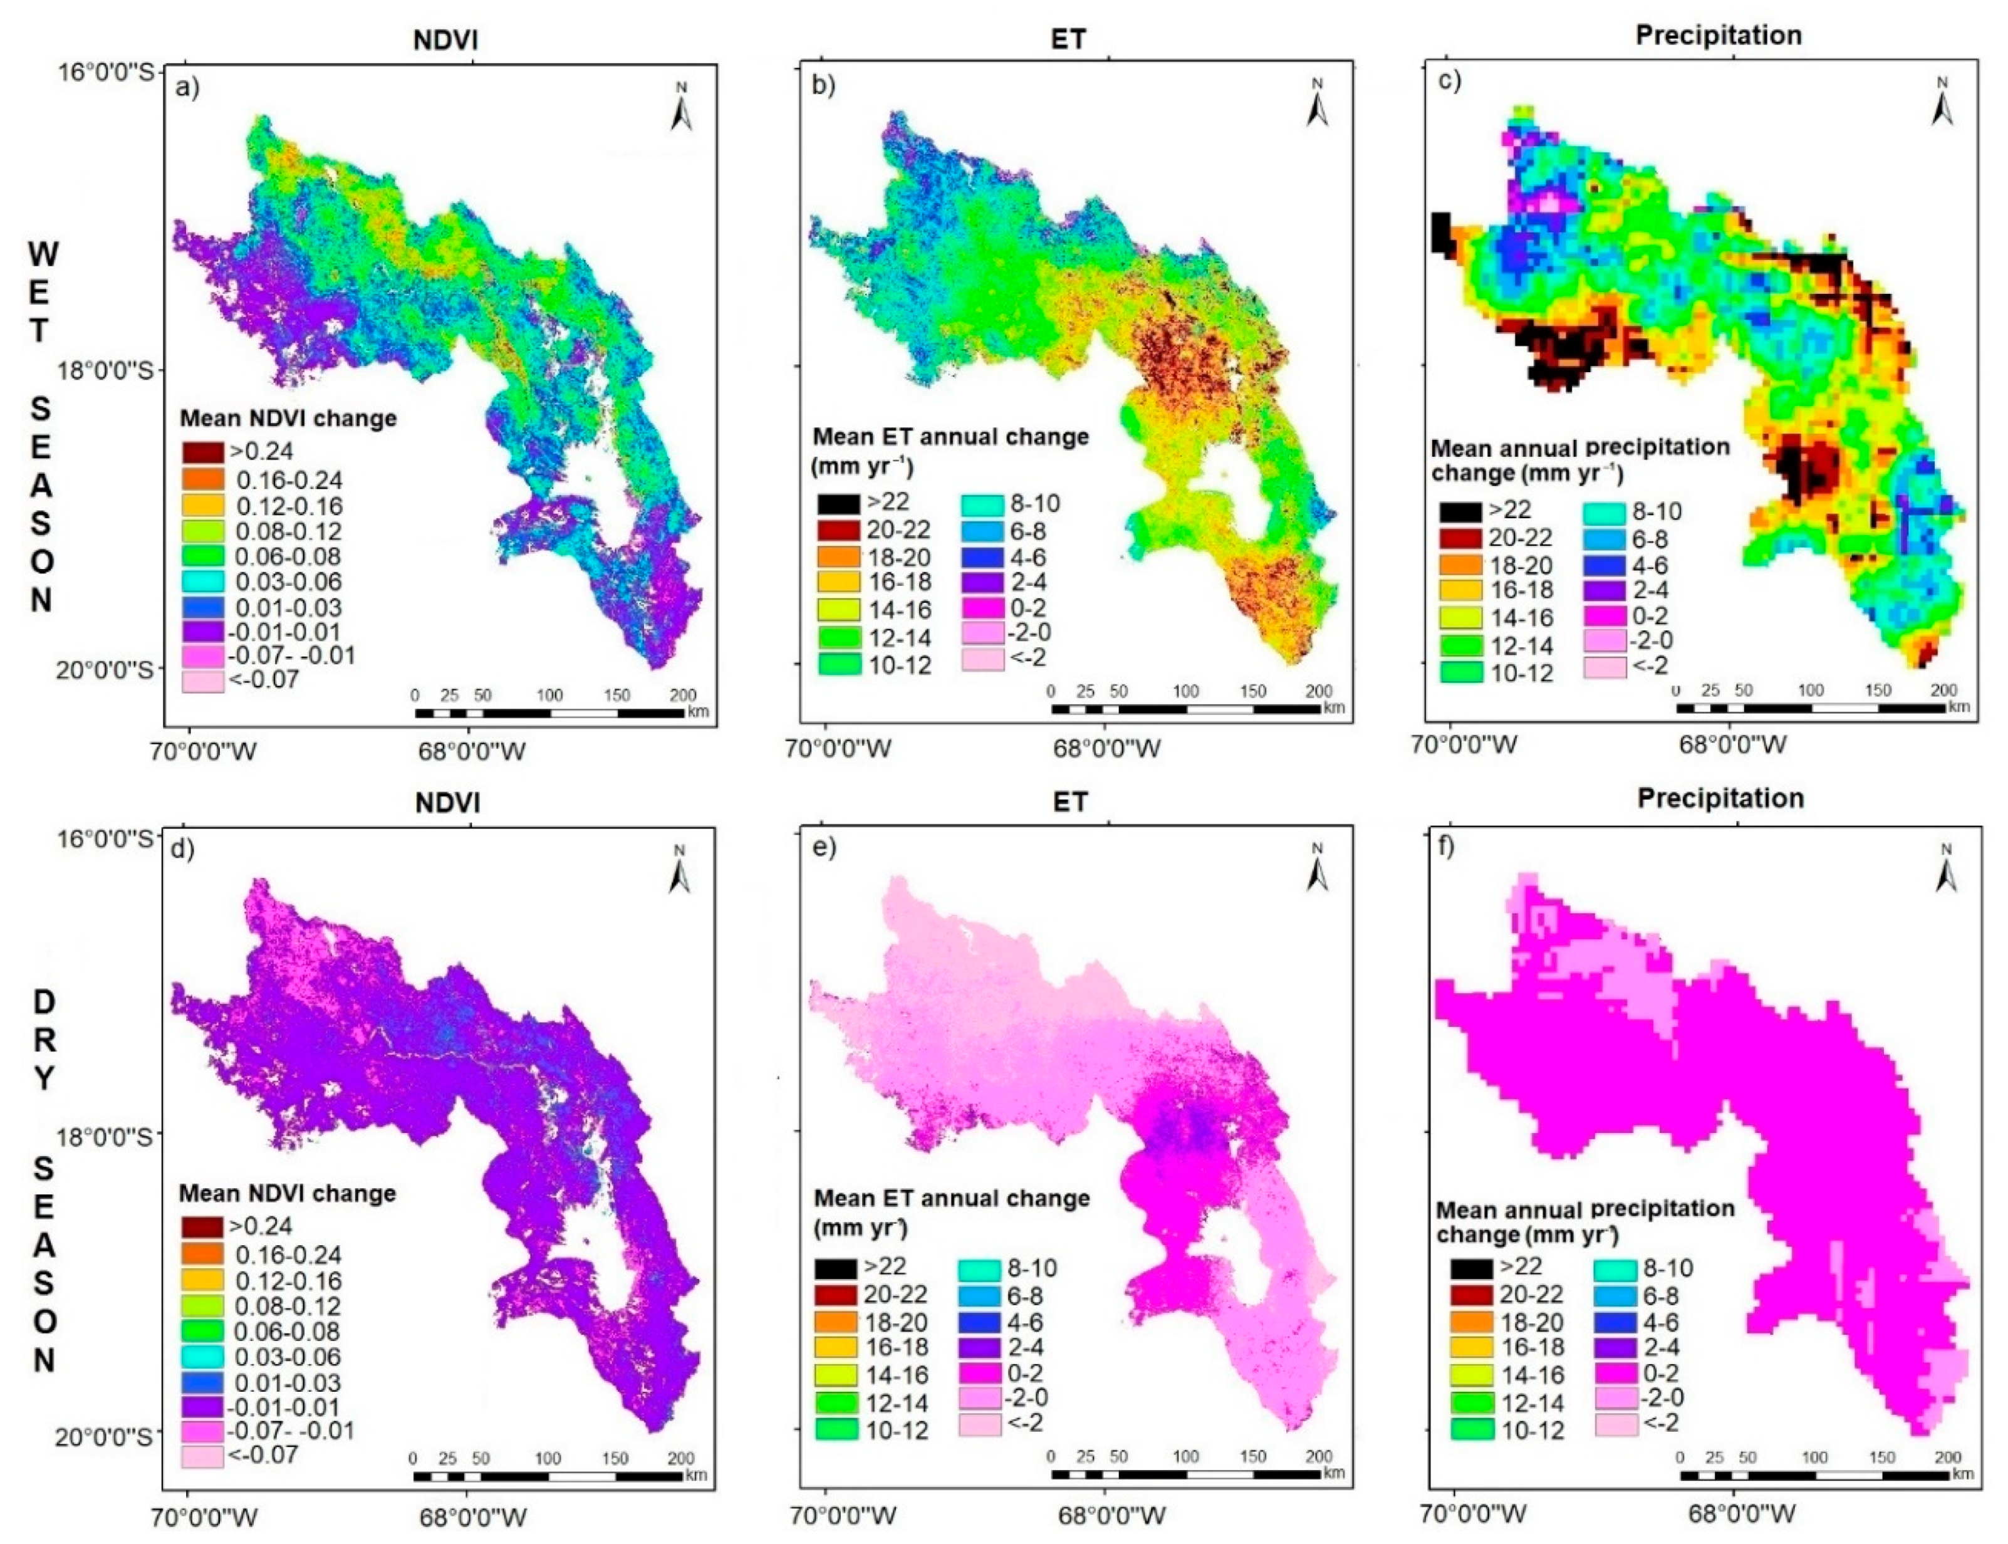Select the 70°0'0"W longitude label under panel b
click(x=839, y=749)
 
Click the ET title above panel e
click(x=1069, y=802)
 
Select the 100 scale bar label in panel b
click(x=1185, y=691)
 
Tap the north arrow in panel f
click(x=1947, y=868)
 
